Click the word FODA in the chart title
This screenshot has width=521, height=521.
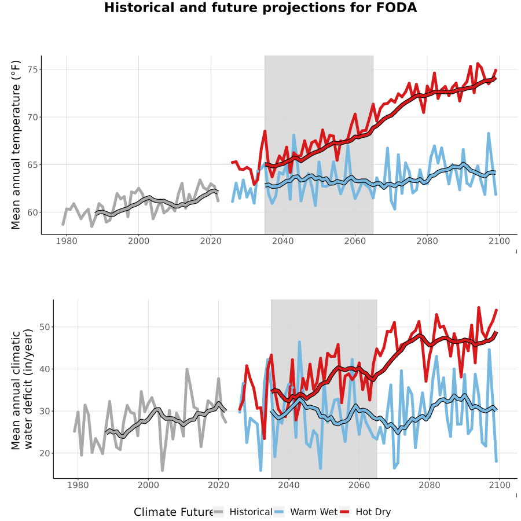coord(397,8)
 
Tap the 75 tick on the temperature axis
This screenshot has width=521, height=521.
coord(32,69)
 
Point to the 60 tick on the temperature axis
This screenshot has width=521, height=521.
coord(32,212)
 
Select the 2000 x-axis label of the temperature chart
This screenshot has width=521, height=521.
coord(138,241)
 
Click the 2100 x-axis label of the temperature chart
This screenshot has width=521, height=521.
coord(499,241)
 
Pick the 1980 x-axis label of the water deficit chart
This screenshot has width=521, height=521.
coord(78,485)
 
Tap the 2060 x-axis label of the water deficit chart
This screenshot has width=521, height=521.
coord(359,485)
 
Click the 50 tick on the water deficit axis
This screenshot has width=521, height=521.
coord(44,327)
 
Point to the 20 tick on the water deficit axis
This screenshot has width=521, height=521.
coord(44,453)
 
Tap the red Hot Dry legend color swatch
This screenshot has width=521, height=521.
coord(345,512)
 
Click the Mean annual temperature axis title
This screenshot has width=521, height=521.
coord(16,145)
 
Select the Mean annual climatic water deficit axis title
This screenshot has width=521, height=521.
coord(22,389)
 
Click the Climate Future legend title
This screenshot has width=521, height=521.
coord(173,512)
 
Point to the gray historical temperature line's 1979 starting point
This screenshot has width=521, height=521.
coord(63,225)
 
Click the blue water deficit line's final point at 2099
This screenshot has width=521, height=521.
coord(497,461)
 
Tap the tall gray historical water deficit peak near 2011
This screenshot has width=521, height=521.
coord(187,369)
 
